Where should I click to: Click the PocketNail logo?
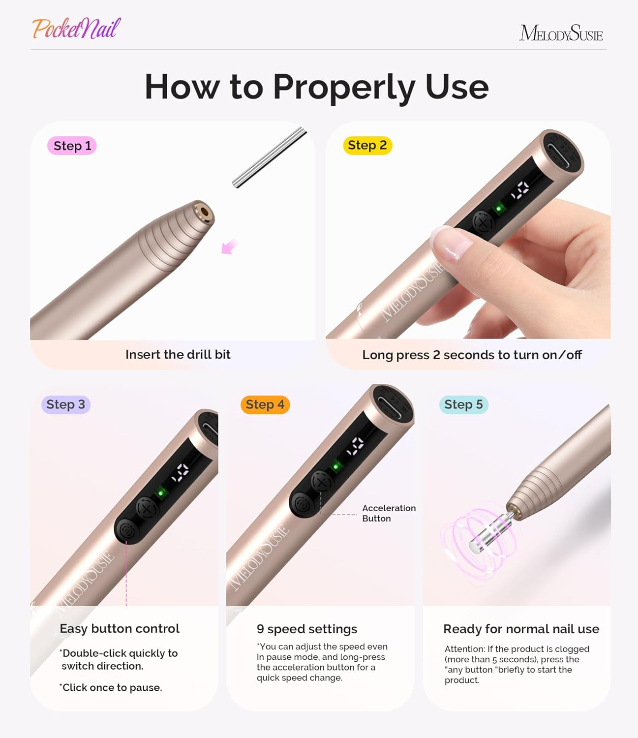(76, 29)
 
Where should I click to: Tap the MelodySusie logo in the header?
(561, 33)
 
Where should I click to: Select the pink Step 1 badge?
(72, 146)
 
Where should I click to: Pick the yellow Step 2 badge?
(367, 145)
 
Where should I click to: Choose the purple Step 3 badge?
(65, 404)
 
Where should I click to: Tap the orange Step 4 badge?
(265, 404)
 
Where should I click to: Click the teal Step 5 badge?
(463, 404)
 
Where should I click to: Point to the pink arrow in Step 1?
(229, 246)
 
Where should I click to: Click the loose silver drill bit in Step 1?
(270, 157)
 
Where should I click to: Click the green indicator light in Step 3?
(160, 492)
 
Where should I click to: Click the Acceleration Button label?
(389, 513)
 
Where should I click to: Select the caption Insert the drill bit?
(178, 354)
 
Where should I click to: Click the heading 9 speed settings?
(306, 629)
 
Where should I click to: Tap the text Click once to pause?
(111, 687)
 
